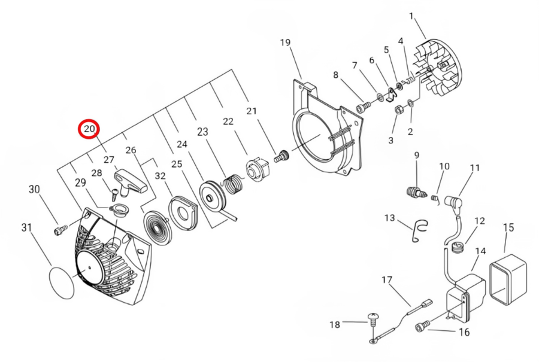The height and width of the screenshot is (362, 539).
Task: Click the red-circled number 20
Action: click(89, 129)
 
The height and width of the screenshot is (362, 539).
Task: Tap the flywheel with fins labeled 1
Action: click(438, 69)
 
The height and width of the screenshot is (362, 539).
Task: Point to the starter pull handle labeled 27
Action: click(131, 181)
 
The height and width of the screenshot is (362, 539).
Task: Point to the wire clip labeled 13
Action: click(419, 230)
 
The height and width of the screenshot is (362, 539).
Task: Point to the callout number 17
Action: click(387, 279)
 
